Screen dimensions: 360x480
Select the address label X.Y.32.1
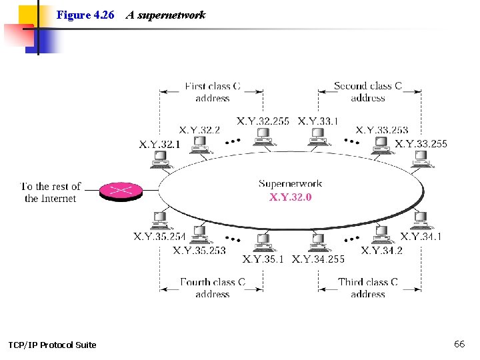[159, 144]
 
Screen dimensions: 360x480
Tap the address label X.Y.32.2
[199, 130]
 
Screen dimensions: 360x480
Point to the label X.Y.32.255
[263, 121]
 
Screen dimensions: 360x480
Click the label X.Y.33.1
[318, 121]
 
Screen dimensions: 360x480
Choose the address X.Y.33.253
[382, 130]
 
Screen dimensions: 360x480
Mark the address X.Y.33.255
[421, 143]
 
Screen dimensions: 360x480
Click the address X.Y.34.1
[421, 236]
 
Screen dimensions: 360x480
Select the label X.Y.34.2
[382, 250]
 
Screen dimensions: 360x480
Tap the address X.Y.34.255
[318, 259]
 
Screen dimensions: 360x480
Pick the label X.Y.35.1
[263, 259]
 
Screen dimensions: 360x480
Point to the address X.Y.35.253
[199, 250]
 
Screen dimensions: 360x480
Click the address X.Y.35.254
[159, 236]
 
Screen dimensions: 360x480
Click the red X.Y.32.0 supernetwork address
[290, 197]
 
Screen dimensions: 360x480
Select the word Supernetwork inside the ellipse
[290, 183]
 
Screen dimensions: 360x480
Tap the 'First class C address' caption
[212, 92]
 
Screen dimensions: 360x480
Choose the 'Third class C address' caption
[368, 287]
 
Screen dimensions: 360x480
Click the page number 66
[459, 344]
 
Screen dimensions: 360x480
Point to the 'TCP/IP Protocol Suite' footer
[52, 345]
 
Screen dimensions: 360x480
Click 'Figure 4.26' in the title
[85, 15]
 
